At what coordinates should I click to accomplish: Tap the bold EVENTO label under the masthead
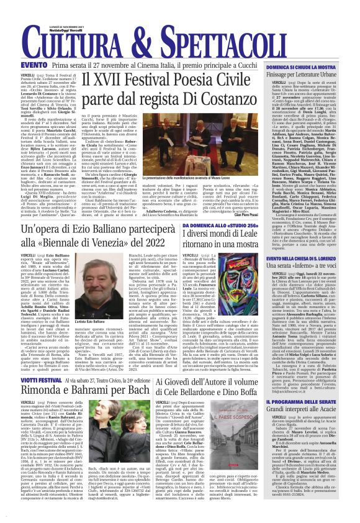coord(17,65)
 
